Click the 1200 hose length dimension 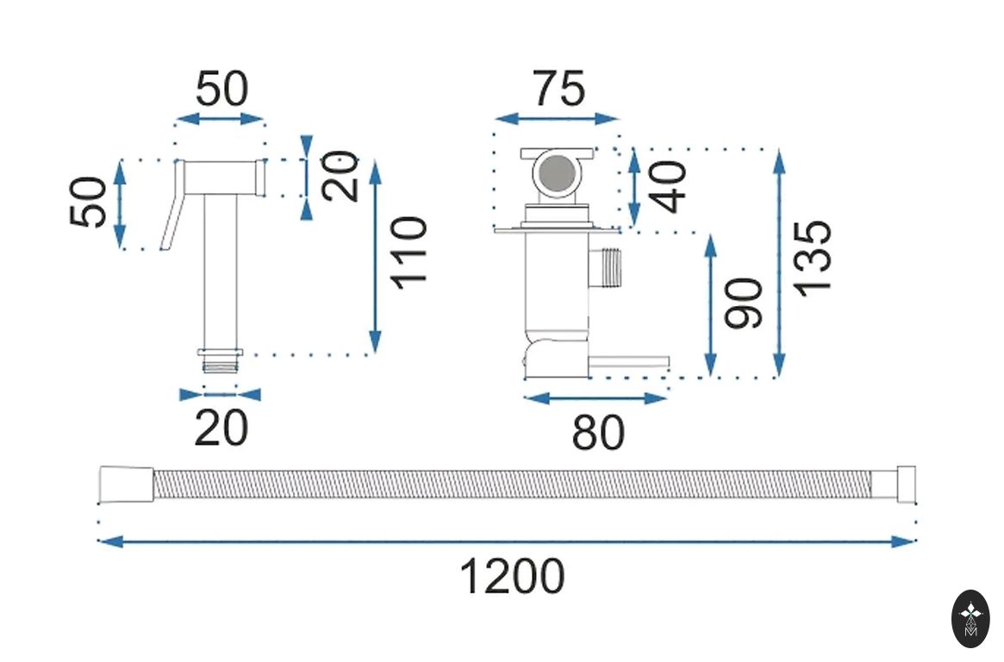tap(512, 576)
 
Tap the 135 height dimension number tap(814, 258)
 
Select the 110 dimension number tap(408, 253)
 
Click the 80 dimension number tap(597, 432)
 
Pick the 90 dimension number tap(744, 303)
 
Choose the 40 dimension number tap(671, 187)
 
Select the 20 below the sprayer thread tap(221, 428)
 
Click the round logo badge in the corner tap(970, 618)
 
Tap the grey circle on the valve tap(557, 175)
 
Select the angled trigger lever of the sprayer tap(172, 209)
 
